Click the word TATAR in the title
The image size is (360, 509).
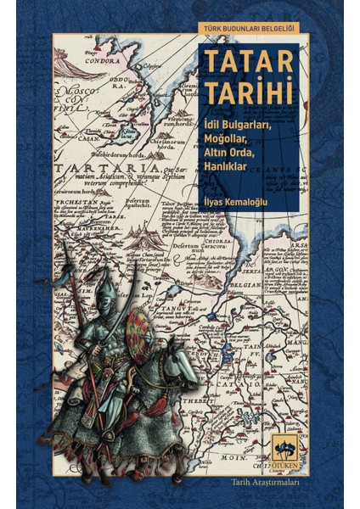[x=247, y=64]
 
